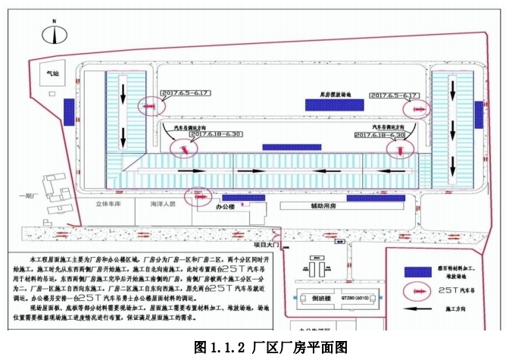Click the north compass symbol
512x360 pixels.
click(54, 34)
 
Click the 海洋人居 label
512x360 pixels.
click(161, 204)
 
